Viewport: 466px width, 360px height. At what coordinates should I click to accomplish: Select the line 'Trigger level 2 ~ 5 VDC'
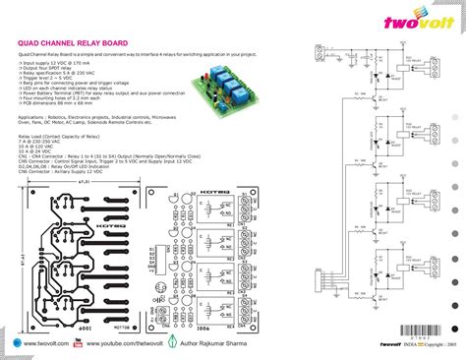49,78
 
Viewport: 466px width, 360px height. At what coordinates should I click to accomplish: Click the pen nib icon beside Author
174,345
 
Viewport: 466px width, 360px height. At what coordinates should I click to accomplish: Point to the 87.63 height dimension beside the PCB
21,261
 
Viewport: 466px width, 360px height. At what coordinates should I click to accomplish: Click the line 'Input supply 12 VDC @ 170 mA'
58,62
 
